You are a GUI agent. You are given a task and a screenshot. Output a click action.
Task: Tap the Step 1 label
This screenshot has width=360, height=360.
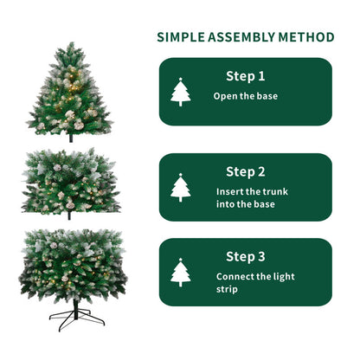point(246,76)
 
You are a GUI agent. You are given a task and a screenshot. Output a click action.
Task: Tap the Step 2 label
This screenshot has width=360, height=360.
point(246,171)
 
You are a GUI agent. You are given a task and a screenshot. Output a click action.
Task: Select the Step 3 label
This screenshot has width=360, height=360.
point(246,256)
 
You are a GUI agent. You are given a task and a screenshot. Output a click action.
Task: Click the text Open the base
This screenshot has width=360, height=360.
point(246,96)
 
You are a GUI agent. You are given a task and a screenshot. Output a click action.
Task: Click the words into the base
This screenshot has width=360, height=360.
point(246,204)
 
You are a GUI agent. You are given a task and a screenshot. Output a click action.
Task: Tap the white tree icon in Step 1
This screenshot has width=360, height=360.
point(181,92)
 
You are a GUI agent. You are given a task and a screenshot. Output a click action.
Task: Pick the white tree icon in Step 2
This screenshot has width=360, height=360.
point(181,187)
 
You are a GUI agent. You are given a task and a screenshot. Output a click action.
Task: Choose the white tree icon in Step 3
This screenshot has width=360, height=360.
point(181,273)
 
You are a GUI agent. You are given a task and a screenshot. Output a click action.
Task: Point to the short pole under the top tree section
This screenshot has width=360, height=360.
point(70,137)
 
